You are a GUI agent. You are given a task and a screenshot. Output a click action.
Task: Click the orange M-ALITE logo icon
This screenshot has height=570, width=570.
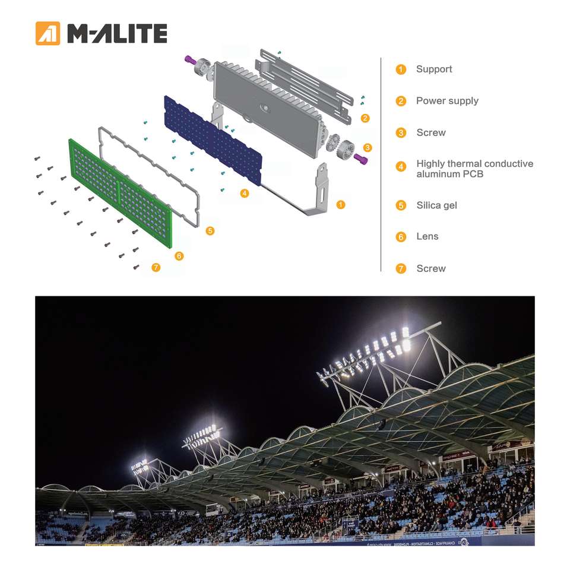pyautogui.click(x=48, y=33)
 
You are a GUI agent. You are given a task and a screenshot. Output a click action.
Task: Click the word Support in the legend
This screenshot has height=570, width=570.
pyautogui.click(x=433, y=69)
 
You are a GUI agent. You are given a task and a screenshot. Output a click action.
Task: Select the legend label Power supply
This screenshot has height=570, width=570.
pyautogui.click(x=446, y=101)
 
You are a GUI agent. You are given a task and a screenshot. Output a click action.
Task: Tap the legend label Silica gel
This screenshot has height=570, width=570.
pyautogui.click(x=436, y=205)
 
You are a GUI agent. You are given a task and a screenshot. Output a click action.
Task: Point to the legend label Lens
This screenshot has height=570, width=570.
pyautogui.click(x=427, y=236)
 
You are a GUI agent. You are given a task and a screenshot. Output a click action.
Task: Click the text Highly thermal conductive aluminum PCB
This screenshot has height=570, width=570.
pyautogui.click(x=474, y=169)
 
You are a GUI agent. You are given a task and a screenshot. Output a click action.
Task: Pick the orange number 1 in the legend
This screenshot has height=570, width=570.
pyautogui.click(x=401, y=69)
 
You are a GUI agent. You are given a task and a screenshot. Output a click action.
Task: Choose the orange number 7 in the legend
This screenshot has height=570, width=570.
pyautogui.click(x=401, y=268)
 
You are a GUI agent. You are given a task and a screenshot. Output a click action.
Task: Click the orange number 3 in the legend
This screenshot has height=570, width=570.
pyautogui.click(x=401, y=132)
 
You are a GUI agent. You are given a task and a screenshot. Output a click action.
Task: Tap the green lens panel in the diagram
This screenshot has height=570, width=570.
pyautogui.click(x=121, y=193)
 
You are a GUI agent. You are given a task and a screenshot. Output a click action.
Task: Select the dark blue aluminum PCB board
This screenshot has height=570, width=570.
pyautogui.click(x=212, y=140)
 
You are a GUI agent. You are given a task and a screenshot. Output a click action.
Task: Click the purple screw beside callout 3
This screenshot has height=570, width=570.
pyautogui.click(x=361, y=158)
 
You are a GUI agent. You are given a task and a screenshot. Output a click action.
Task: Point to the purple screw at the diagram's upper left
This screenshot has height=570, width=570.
pyautogui.click(x=191, y=59)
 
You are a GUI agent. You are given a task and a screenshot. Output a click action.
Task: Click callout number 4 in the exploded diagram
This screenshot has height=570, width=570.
pyautogui.click(x=245, y=193)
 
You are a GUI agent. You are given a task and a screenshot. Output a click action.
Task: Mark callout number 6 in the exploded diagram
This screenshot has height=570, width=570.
pyautogui.click(x=179, y=256)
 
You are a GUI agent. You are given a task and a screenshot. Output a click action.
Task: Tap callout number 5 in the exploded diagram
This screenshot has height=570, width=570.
pyautogui.click(x=210, y=230)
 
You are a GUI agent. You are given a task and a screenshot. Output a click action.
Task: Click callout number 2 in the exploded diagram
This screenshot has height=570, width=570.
pyautogui.click(x=365, y=118)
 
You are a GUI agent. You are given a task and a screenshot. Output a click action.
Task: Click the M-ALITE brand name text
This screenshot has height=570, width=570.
pyautogui.click(x=117, y=34)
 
